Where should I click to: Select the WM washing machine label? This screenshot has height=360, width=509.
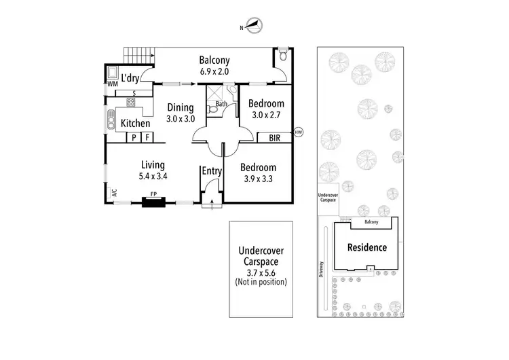coord(112,84)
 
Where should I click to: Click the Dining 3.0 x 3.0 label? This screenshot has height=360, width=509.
coord(181,113)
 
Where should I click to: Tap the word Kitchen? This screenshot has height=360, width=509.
coord(135,123)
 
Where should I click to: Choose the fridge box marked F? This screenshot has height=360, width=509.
coord(146,137)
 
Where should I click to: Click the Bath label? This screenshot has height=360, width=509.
coord(221,105)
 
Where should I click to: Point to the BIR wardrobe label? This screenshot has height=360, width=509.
coord(275,137)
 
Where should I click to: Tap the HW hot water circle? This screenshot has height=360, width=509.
coord(298,132)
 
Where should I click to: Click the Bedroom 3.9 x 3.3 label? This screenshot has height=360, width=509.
coord(258,173)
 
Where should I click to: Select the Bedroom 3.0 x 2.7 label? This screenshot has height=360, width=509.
coord(265,109)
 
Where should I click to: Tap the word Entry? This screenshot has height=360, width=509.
coord(212,171)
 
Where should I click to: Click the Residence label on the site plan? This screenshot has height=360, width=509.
coord(367,247)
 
